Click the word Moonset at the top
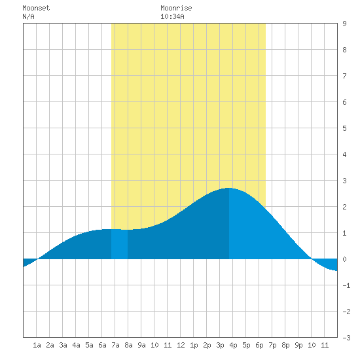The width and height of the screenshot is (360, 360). click(x=36, y=8)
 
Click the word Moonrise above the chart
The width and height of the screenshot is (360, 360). click(x=176, y=8)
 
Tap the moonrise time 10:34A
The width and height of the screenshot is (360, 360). click(x=172, y=16)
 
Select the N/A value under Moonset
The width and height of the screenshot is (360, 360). click(x=28, y=16)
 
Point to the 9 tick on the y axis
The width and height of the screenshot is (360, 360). click(x=344, y=24)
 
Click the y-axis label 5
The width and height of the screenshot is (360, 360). click(x=344, y=128)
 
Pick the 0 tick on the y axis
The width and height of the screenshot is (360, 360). click(x=344, y=259)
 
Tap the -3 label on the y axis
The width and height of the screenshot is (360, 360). click(x=346, y=338)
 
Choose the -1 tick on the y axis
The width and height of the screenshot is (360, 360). click(x=346, y=285)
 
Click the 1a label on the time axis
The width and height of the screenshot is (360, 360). click(x=37, y=345)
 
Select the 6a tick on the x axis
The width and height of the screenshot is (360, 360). click(x=102, y=345)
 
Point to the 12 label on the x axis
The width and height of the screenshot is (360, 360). click(x=181, y=345)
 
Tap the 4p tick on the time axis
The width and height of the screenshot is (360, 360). click(x=233, y=345)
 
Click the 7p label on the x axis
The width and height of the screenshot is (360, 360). click(x=272, y=345)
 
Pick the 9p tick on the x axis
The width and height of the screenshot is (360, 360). click(x=298, y=345)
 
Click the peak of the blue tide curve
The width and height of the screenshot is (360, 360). click(x=229, y=188)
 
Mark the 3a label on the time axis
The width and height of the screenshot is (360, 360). click(x=63, y=345)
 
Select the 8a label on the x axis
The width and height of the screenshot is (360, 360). click(x=128, y=345)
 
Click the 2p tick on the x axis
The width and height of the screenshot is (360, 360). click(x=207, y=345)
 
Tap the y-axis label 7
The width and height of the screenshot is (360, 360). click(x=344, y=76)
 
